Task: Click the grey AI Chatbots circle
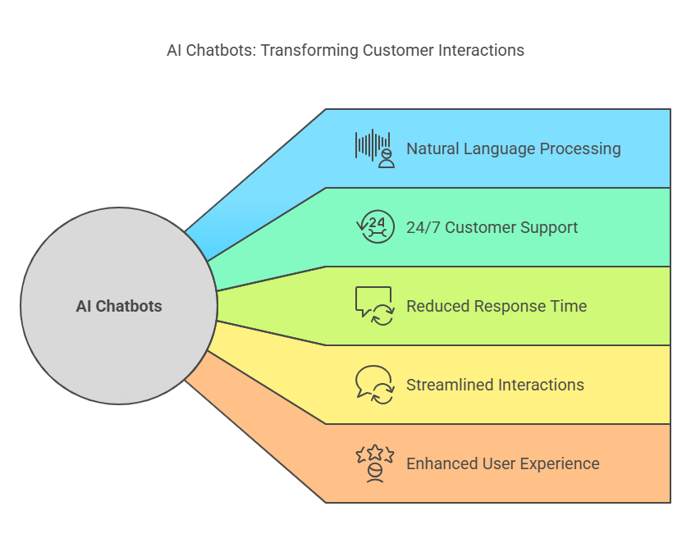pyautogui.click(x=119, y=306)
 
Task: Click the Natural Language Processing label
pyautogui.click(x=514, y=148)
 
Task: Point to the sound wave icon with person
pyautogui.click(x=374, y=148)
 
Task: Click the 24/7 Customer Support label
pyautogui.click(x=492, y=227)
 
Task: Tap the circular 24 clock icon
pyautogui.click(x=375, y=227)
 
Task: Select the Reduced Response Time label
pyautogui.click(x=497, y=306)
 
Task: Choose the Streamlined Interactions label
pyautogui.click(x=495, y=385)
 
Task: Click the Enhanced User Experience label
pyautogui.click(x=503, y=463)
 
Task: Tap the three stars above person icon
pyautogui.click(x=375, y=463)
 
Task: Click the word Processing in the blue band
pyautogui.click(x=580, y=148)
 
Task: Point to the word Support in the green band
pyautogui.click(x=549, y=228)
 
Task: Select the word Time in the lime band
pyautogui.click(x=570, y=306)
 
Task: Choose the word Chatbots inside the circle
pyautogui.click(x=129, y=306)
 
